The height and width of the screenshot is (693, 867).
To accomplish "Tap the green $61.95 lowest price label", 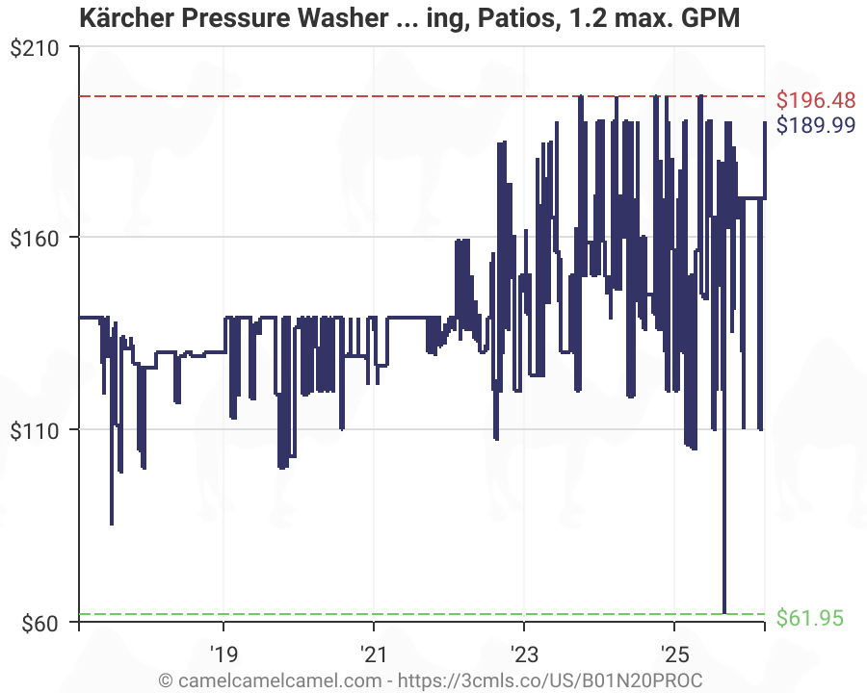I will tap(809, 617).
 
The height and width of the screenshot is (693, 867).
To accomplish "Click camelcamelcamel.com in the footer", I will tap(273, 679).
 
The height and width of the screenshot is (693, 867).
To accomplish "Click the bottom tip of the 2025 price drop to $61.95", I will tap(724, 612).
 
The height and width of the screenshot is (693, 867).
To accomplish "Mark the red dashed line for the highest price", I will tap(289, 96).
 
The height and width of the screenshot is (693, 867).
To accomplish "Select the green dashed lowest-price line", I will tap(289, 613).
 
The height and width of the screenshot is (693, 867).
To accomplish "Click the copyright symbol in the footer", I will tap(166, 679).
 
